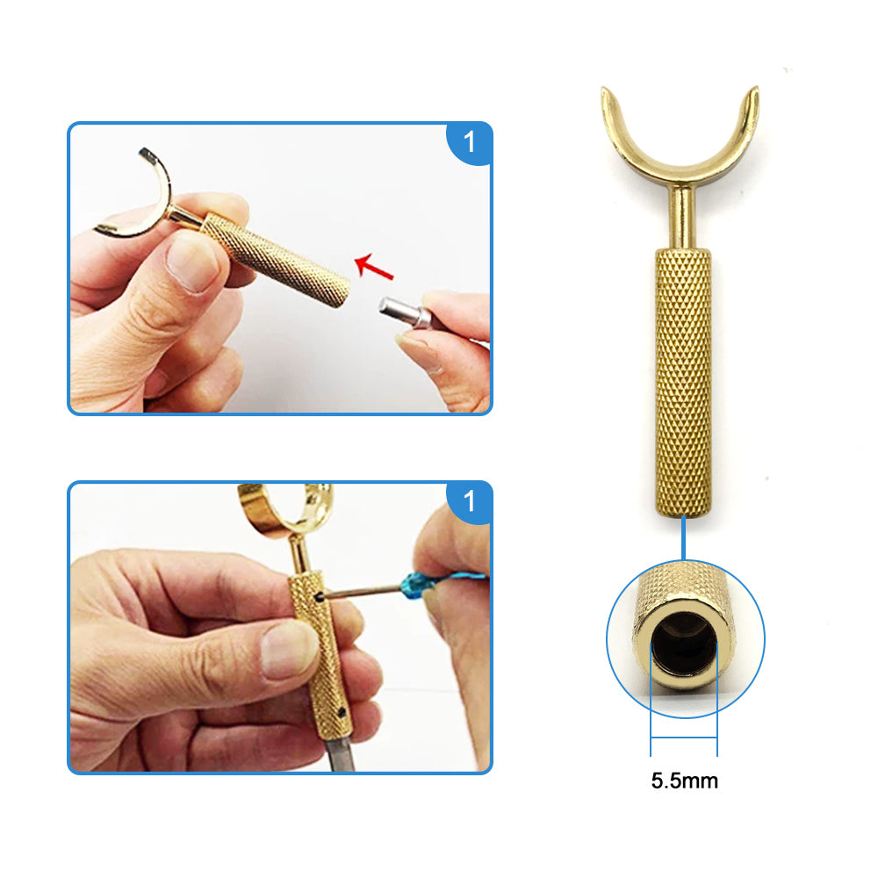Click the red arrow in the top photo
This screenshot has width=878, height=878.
pyautogui.click(x=374, y=266)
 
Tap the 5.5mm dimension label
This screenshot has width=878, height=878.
pyautogui.click(x=684, y=781)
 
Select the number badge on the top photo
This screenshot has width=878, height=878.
pyautogui.click(x=469, y=142)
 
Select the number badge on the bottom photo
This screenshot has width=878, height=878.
pyautogui.click(x=469, y=501)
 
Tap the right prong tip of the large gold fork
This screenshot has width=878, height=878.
pyautogui.click(x=755, y=90)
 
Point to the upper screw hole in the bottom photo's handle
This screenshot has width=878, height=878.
pyautogui.click(x=320, y=597)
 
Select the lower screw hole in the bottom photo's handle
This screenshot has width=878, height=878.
pyautogui.click(x=341, y=713)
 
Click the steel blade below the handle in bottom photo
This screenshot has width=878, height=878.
pyautogui.click(x=339, y=753)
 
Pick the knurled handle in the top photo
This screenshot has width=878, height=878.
pyautogui.click(x=276, y=259)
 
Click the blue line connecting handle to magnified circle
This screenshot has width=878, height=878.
pyautogui.click(x=683, y=538)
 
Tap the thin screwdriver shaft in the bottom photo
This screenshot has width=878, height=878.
pyautogui.click(x=363, y=592)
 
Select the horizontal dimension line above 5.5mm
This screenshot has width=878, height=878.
pyautogui.click(x=684, y=738)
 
